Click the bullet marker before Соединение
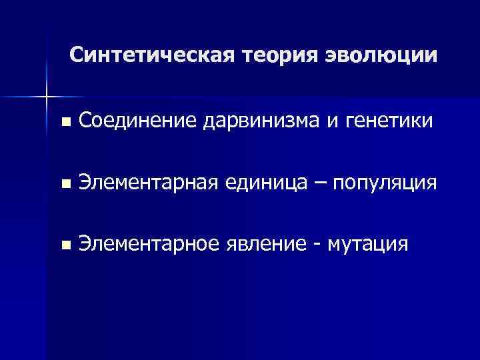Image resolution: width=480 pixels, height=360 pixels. point(64,122)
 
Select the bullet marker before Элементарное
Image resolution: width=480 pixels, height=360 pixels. point(64,245)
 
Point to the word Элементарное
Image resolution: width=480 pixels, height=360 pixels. point(147,245)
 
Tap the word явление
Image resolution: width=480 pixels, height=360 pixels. point(269,245)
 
